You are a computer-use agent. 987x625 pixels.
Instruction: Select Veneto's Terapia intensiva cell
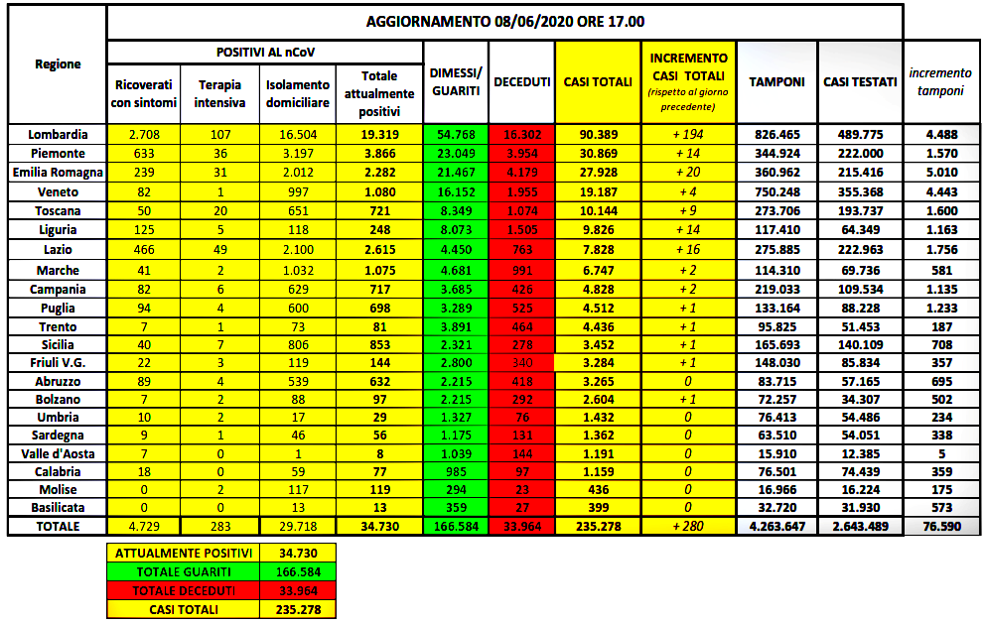[x=219, y=191]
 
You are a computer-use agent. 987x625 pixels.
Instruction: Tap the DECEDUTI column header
[x=521, y=82]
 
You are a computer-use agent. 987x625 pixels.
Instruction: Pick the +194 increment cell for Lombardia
[x=688, y=135]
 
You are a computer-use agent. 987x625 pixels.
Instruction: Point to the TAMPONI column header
[x=776, y=82]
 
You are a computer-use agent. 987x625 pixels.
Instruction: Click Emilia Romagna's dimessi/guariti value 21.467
[x=456, y=173]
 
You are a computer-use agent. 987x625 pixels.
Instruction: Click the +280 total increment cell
[x=688, y=526]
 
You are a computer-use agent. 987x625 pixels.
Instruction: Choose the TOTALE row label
[x=57, y=526]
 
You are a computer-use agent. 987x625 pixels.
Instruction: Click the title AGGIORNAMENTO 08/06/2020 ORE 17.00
[x=504, y=22]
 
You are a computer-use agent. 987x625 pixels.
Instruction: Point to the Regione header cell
[x=58, y=63]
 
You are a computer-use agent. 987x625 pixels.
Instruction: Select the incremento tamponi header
[x=940, y=82]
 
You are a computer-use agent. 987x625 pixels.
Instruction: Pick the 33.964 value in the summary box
[x=298, y=591]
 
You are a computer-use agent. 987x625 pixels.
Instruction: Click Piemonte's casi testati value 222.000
[x=859, y=154]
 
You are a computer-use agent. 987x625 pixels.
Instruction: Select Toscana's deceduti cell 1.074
[x=521, y=210]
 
